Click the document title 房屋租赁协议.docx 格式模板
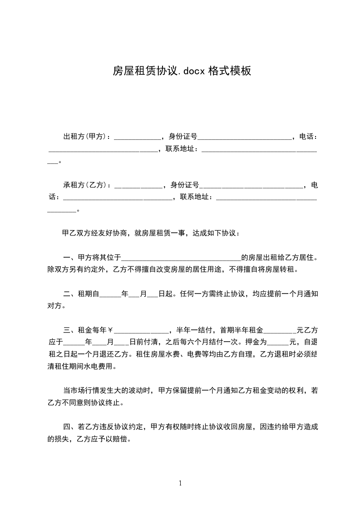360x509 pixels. (x=182, y=71)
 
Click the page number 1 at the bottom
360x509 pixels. (x=180, y=483)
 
